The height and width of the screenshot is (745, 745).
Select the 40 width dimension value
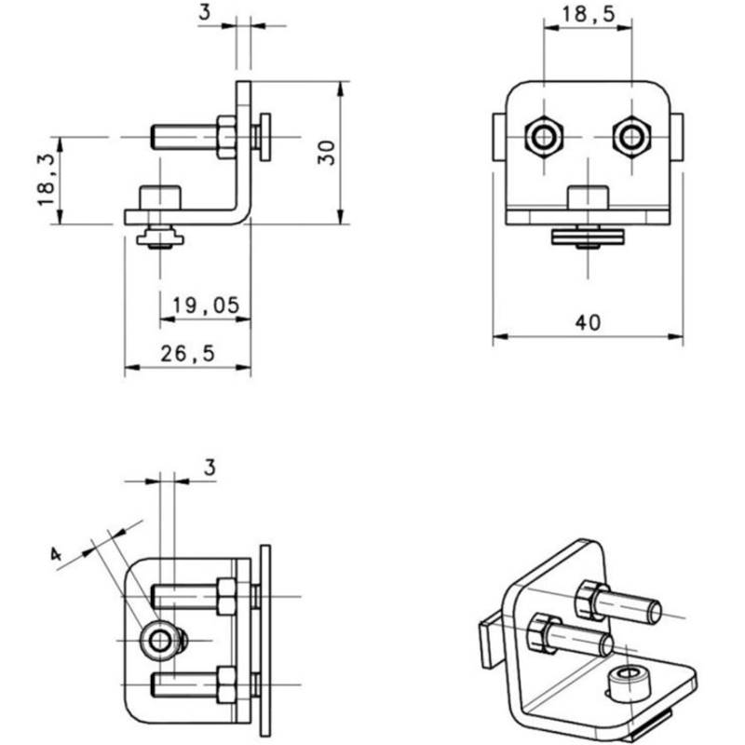point(588,322)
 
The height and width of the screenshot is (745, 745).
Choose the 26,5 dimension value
point(187,353)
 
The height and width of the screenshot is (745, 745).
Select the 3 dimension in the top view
point(210,467)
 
